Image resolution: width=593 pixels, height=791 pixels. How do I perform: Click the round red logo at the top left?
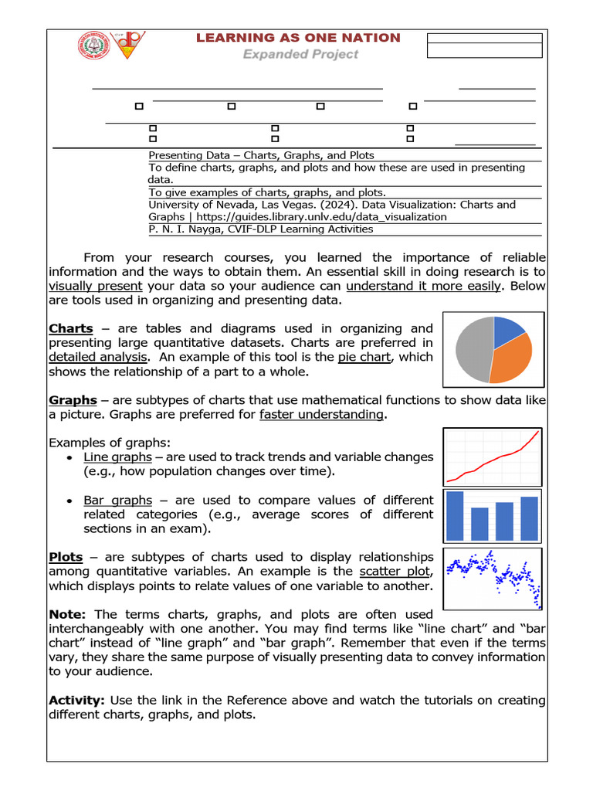(93, 46)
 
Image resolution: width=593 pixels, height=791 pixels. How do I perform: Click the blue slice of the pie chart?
(507, 330)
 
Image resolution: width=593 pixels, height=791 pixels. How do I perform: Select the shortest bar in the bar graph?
(479, 523)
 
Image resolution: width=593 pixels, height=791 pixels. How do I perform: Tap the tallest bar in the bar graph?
(455, 514)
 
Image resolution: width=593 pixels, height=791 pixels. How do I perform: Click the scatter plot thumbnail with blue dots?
(493, 579)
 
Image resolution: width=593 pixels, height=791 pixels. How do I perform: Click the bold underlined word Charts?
(71, 328)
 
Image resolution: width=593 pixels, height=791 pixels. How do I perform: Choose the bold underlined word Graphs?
(73, 400)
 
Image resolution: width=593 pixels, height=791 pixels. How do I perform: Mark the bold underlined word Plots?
(66, 557)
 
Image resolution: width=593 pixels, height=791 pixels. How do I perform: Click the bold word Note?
(69, 614)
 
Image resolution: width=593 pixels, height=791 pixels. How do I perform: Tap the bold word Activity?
(76, 700)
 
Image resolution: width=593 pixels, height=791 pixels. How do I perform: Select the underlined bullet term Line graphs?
(117, 457)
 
